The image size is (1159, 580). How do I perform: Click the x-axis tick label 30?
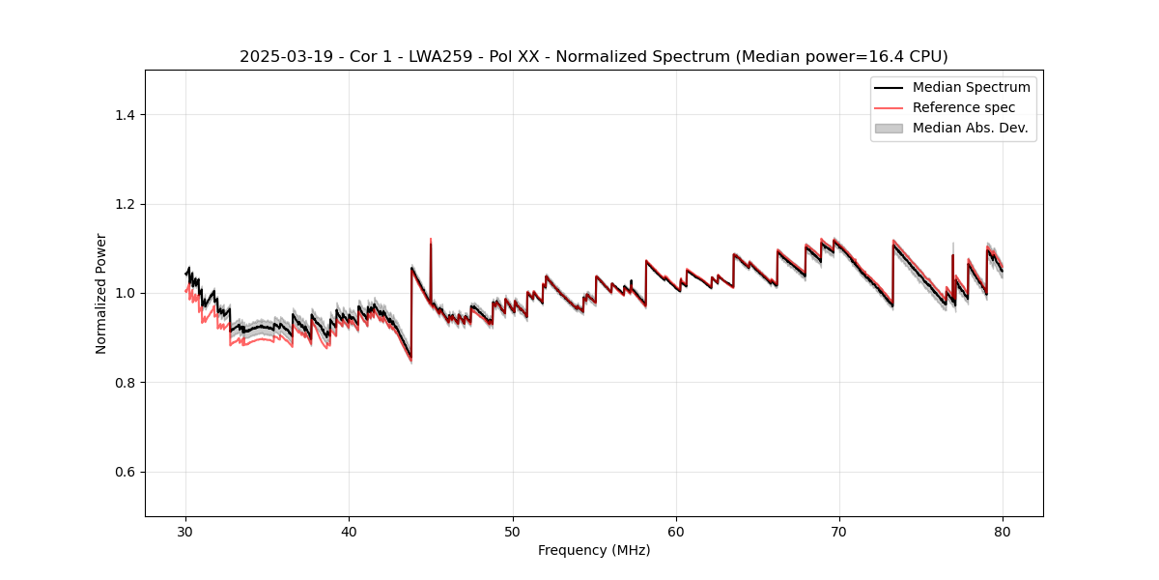click(185, 531)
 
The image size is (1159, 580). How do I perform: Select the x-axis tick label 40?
click(349, 531)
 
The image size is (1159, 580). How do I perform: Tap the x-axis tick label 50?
click(513, 531)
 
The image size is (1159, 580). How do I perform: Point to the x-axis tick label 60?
click(676, 531)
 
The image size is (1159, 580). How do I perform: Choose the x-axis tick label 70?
click(839, 531)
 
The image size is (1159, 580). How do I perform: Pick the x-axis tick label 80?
click(1003, 531)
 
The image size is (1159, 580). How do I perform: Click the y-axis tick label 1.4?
click(125, 115)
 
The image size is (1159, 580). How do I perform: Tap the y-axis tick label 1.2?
click(125, 204)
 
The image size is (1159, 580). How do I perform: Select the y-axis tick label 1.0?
click(125, 293)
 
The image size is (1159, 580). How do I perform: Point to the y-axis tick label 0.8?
click(125, 383)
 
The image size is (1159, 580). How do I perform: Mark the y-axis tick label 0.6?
click(125, 472)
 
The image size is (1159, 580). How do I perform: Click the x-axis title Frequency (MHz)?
click(594, 550)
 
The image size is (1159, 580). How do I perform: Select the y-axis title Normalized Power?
click(100, 293)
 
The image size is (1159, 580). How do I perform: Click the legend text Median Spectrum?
click(971, 87)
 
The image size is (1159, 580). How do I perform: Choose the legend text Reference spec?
click(963, 107)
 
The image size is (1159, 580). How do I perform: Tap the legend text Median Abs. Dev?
click(970, 128)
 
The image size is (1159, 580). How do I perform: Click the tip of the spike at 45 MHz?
click(431, 239)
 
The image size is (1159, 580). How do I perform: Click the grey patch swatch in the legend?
click(889, 128)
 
